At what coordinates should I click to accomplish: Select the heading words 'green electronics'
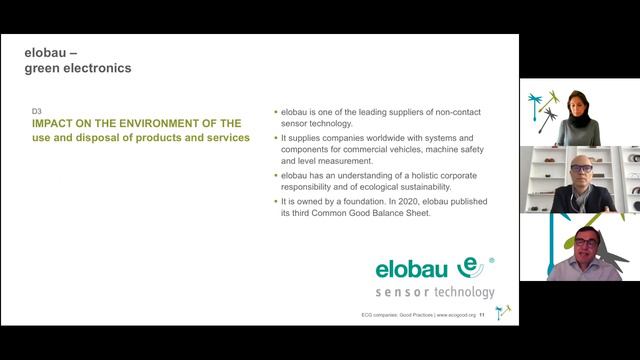(x=78, y=68)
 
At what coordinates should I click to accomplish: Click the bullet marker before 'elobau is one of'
(x=275, y=112)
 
